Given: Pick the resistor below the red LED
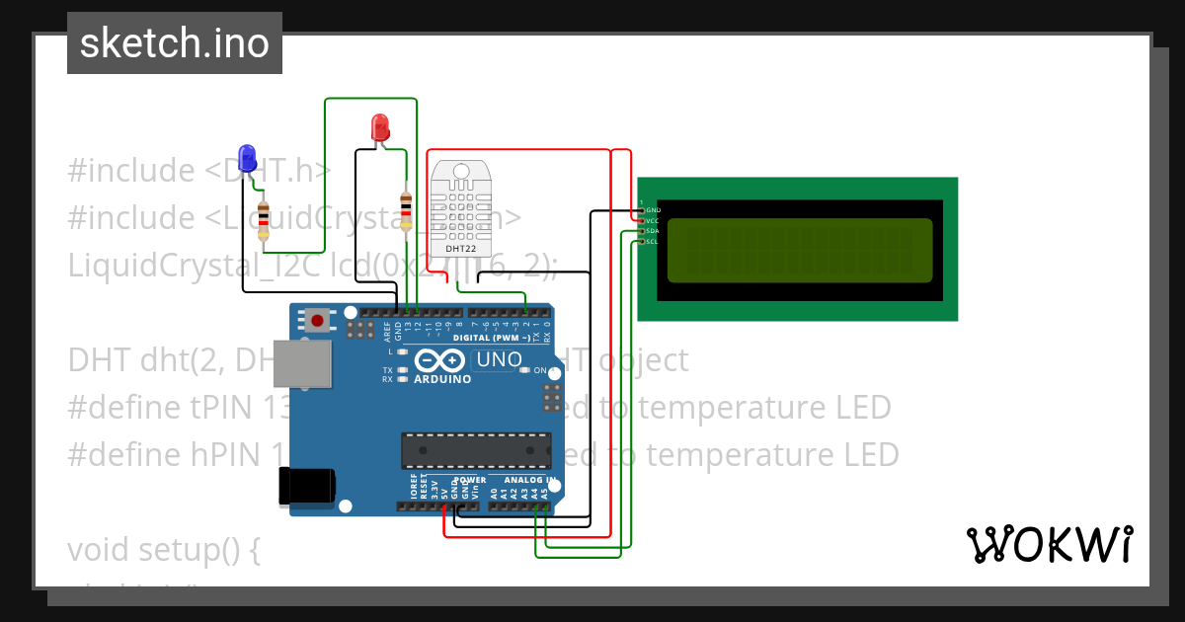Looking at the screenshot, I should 406,211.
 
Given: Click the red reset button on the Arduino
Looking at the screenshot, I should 317,320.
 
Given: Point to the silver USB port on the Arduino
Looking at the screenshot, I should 302,365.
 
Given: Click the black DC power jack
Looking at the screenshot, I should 306,487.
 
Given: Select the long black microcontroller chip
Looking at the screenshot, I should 476,450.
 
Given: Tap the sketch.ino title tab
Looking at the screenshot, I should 175,43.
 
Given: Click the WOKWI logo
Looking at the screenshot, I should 1049,544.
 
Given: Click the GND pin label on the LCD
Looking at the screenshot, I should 652,210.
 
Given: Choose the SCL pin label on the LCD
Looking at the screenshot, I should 652,241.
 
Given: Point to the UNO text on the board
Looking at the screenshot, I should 499,360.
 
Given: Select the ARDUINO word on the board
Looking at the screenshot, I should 441,379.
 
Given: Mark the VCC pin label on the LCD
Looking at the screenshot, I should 652,221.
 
